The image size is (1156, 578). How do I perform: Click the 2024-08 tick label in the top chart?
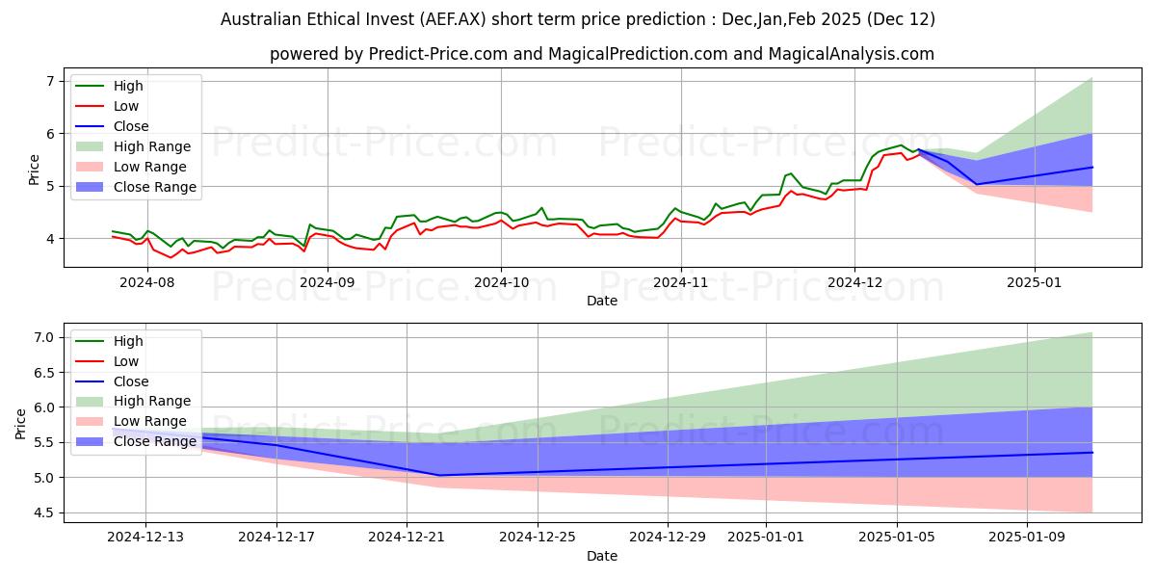click(146, 280)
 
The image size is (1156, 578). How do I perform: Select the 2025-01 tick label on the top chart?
click(1035, 280)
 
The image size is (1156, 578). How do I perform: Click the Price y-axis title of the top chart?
click(35, 170)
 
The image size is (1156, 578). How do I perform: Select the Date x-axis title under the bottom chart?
click(602, 556)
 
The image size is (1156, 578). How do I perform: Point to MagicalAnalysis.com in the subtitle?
click(849, 54)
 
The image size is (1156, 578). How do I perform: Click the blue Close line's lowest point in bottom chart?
click(439, 475)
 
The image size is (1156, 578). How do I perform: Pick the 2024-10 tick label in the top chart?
click(500, 280)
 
